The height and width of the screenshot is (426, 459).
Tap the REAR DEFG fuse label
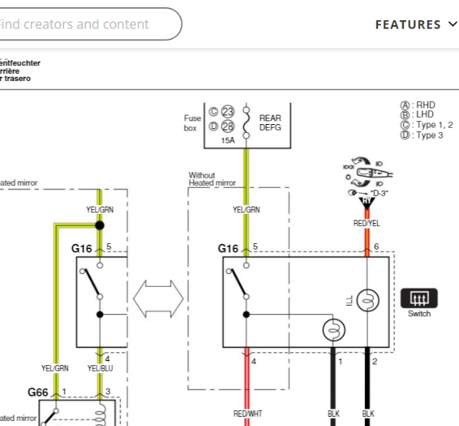(x=270, y=123)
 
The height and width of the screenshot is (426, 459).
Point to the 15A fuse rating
(x=227, y=141)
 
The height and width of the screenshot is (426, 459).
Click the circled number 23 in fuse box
(x=228, y=112)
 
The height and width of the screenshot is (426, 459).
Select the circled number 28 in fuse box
(x=228, y=126)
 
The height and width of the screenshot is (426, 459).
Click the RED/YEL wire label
(x=366, y=223)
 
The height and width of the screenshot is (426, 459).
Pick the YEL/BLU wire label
(x=100, y=368)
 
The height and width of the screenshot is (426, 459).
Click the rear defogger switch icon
(x=419, y=298)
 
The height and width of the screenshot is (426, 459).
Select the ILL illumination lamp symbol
(x=367, y=301)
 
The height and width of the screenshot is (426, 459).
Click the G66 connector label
(x=39, y=392)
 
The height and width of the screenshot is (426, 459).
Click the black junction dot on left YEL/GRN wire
(x=100, y=225)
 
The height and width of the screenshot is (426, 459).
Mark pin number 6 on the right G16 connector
(x=375, y=247)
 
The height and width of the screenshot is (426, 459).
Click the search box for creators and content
(x=86, y=24)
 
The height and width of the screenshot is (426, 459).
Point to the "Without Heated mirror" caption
(x=212, y=179)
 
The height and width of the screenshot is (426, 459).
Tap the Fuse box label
(x=191, y=123)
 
